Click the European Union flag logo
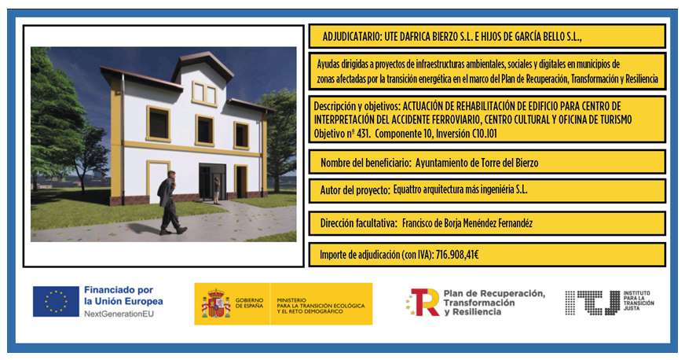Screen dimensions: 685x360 click(x=56, y=302)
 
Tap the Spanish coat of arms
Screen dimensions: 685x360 click(x=216, y=303)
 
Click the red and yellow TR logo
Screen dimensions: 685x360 click(x=423, y=302)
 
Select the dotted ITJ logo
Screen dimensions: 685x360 click(x=592, y=303)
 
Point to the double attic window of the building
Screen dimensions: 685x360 click(x=204, y=94)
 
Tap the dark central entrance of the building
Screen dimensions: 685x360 click(x=212, y=182)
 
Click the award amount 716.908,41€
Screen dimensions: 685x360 click(x=457, y=254)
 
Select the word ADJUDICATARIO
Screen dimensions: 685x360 click(x=351, y=37)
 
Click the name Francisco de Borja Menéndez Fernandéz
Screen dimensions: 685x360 click(x=467, y=223)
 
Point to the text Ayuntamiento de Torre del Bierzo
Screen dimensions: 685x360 click(x=477, y=163)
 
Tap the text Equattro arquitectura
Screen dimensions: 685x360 click(x=435, y=190)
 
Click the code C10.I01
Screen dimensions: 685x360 click(x=484, y=134)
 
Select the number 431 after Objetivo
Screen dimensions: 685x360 click(x=363, y=134)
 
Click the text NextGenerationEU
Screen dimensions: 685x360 click(x=119, y=314)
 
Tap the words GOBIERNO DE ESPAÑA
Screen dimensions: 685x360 click(x=250, y=303)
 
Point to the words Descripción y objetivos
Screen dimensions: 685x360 click(x=356, y=106)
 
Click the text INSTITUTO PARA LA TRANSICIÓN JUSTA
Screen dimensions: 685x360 click(x=639, y=300)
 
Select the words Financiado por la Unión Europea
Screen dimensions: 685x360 click(x=123, y=296)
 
